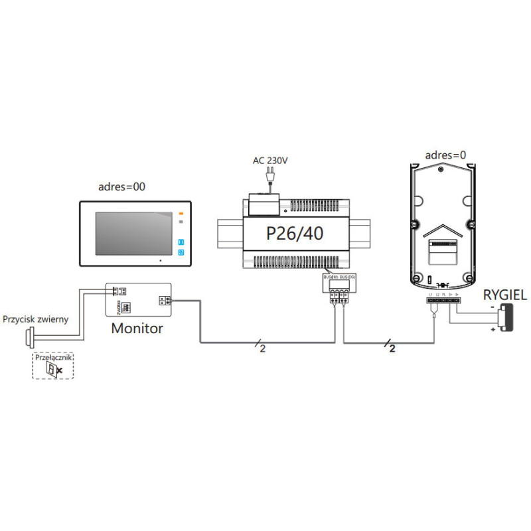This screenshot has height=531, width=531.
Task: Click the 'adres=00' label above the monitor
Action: coord(121,187)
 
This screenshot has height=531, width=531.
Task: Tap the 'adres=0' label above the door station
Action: coord(445,155)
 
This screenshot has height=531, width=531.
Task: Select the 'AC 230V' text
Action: coord(269,160)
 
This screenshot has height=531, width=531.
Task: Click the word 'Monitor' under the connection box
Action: coord(137,327)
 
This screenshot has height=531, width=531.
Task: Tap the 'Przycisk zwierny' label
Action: coord(35,319)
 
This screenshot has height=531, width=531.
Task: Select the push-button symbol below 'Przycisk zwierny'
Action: coord(30,337)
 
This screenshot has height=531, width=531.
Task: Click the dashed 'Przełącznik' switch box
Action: coord(54,366)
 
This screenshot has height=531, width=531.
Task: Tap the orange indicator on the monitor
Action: coord(180,214)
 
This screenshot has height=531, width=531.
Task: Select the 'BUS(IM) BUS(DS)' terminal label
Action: coord(339,275)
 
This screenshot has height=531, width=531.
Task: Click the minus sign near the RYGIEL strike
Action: coord(493,307)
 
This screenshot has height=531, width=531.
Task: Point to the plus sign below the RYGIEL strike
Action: coord(493,329)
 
